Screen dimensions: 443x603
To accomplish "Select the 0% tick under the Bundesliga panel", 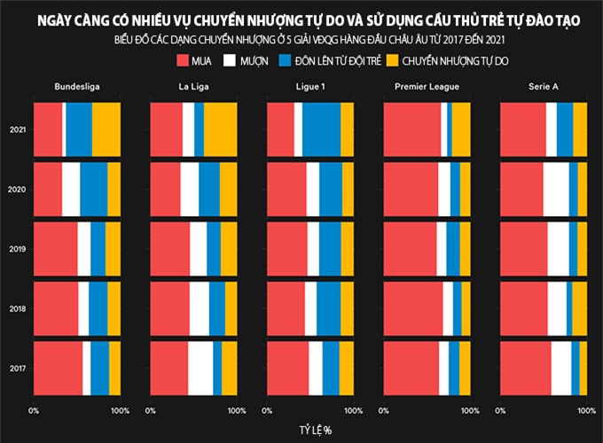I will (x=34, y=410).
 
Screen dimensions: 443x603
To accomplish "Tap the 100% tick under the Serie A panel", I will (x=586, y=410).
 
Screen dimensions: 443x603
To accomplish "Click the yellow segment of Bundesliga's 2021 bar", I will (x=106, y=129).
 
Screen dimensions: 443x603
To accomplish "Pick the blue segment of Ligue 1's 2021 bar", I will (x=321, y=129).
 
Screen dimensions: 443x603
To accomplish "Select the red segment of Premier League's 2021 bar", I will (x=412, y=129).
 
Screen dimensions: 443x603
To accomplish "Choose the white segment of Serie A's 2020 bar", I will (x=556, y=189).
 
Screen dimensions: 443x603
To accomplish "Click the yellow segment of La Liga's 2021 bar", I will (x=221, y=129).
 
